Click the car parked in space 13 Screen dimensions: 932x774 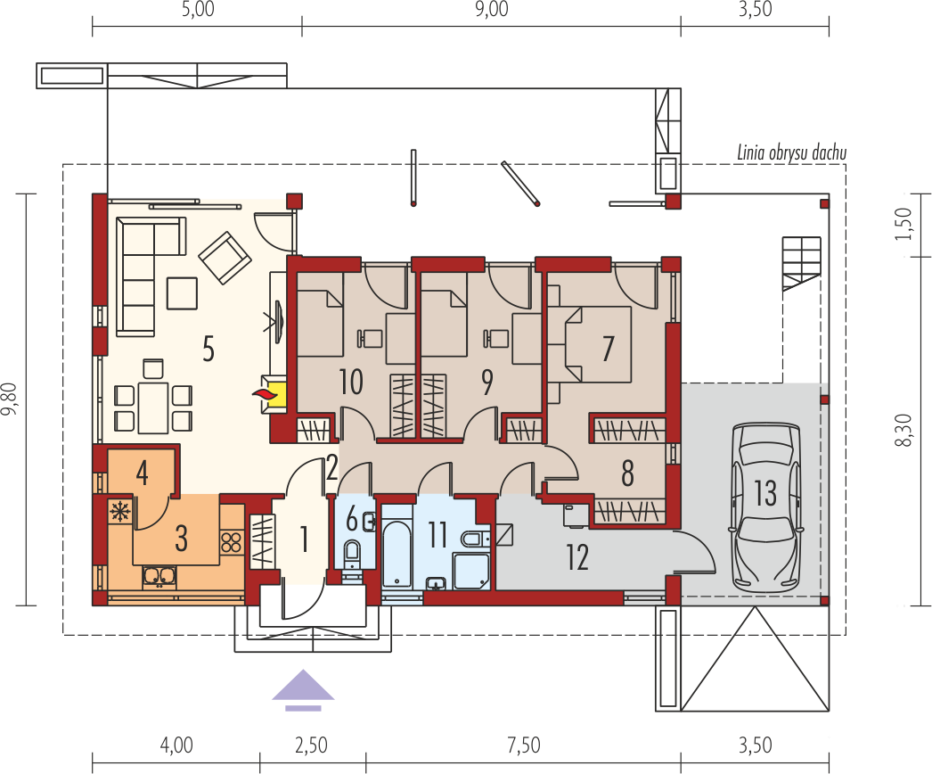click(767, 507)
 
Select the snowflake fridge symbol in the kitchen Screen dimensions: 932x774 click(120, 512)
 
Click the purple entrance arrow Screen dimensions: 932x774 click(303, 690)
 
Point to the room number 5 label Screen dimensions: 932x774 click(208, 349)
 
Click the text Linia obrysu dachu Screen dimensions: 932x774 click(792, 152)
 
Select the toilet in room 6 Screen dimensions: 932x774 click(352, 553)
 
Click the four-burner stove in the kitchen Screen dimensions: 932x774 click(231, 542)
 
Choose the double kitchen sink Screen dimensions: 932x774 click(159, 576)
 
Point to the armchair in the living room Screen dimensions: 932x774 click(224, 258)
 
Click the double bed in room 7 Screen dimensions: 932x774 click(597, 344)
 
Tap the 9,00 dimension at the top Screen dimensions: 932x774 click(492, 10)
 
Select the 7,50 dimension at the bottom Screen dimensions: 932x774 click(524, 745)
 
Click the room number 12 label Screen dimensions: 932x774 click(577, 557)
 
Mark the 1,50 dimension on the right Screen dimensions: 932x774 click(903, 224)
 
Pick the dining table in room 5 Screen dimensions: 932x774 click(152, 408)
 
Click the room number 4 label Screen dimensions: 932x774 click(142, 473)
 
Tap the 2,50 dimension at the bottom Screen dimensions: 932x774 click(311, 745)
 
